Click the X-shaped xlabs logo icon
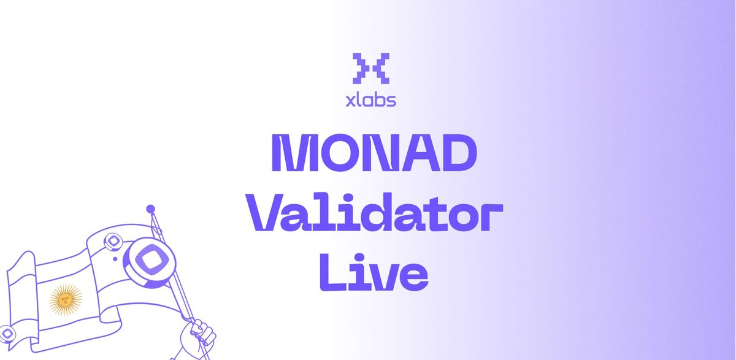[370, 68]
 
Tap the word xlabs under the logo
[370, 100]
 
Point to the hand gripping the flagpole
[198, 336]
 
